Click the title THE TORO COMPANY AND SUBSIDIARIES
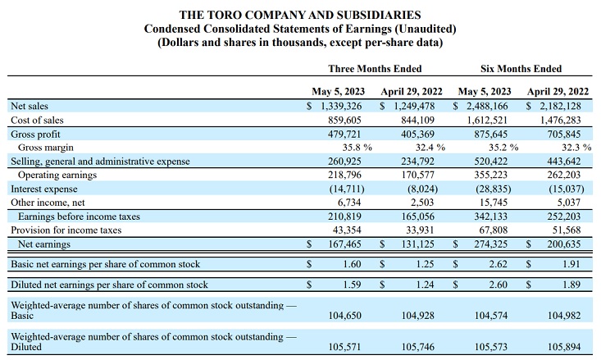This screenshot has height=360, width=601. (x=301, y=15)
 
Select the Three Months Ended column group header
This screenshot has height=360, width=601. (x=375, y=69)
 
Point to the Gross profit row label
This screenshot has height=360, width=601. (x=35, y=134)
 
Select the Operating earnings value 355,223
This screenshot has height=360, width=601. (x=494, y=175)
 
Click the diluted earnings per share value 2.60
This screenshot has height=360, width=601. (x=500, y=285)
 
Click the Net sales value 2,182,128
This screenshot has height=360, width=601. (x=561, y=107)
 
